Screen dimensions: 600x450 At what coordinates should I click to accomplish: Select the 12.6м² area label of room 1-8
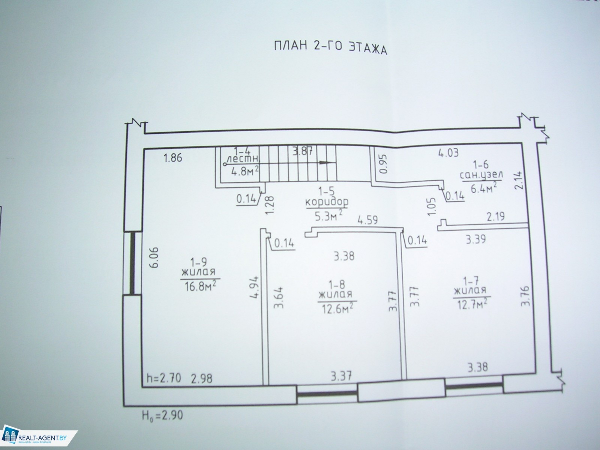click(337, 308)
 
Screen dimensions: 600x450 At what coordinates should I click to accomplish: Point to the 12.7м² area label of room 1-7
click(472, 303)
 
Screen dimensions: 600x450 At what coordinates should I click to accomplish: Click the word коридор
click(327, 202)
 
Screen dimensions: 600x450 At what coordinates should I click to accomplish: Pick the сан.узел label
click(481, 175)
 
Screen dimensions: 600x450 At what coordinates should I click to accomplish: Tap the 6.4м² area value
click(483, 188)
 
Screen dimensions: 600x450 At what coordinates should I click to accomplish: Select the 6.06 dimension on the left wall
click(154, 258)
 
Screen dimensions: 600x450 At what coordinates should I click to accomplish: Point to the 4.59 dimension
click(367, 220)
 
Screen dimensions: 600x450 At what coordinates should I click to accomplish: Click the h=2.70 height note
click(164, 378)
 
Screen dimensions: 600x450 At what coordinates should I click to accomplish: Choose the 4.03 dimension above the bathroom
click(448, 153)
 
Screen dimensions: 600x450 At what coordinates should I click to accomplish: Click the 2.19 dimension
click(496, 217)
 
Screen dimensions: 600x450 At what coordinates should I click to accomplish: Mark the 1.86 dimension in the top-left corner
click(172, 158)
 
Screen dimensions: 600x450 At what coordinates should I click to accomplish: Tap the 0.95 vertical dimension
click(384, 164)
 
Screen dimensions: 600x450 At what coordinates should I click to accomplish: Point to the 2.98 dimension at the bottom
click(202, 379)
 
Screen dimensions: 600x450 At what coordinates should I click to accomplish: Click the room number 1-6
click(480, 165)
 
